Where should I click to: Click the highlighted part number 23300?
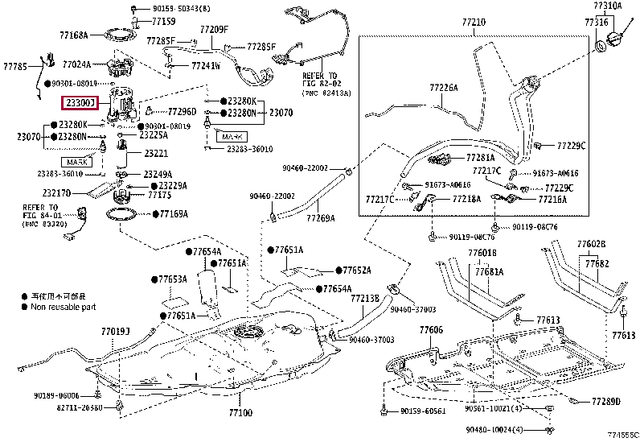[x=81, y=103]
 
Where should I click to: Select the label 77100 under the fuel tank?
[x=240, y=413]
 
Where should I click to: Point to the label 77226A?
[x=442, y=87]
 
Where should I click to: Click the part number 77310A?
[x=608, y=6]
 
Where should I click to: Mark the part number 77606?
[x=431, y=330]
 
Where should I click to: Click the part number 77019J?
[x=115, y=331]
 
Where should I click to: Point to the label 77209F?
[x=214, y=30]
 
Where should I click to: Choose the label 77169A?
[x=173, y=214]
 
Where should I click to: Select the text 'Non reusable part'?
[x=64, y=307]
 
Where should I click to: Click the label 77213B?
[x=364, y=298]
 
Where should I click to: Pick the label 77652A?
[x=357, y=271]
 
